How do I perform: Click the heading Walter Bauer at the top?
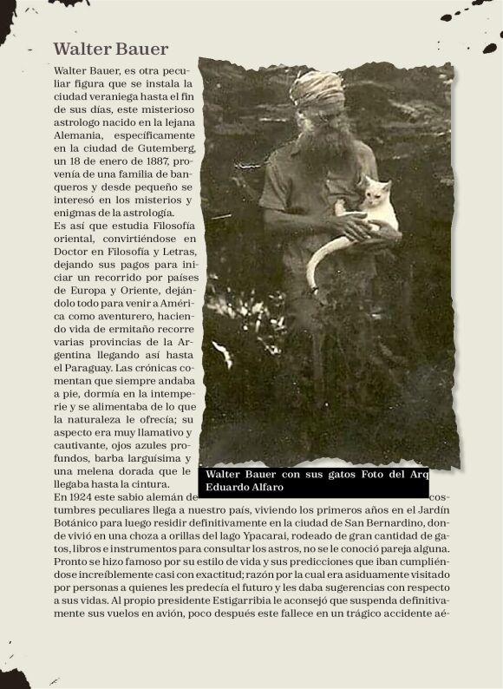point(110,49)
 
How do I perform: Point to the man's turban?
point(317,88)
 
